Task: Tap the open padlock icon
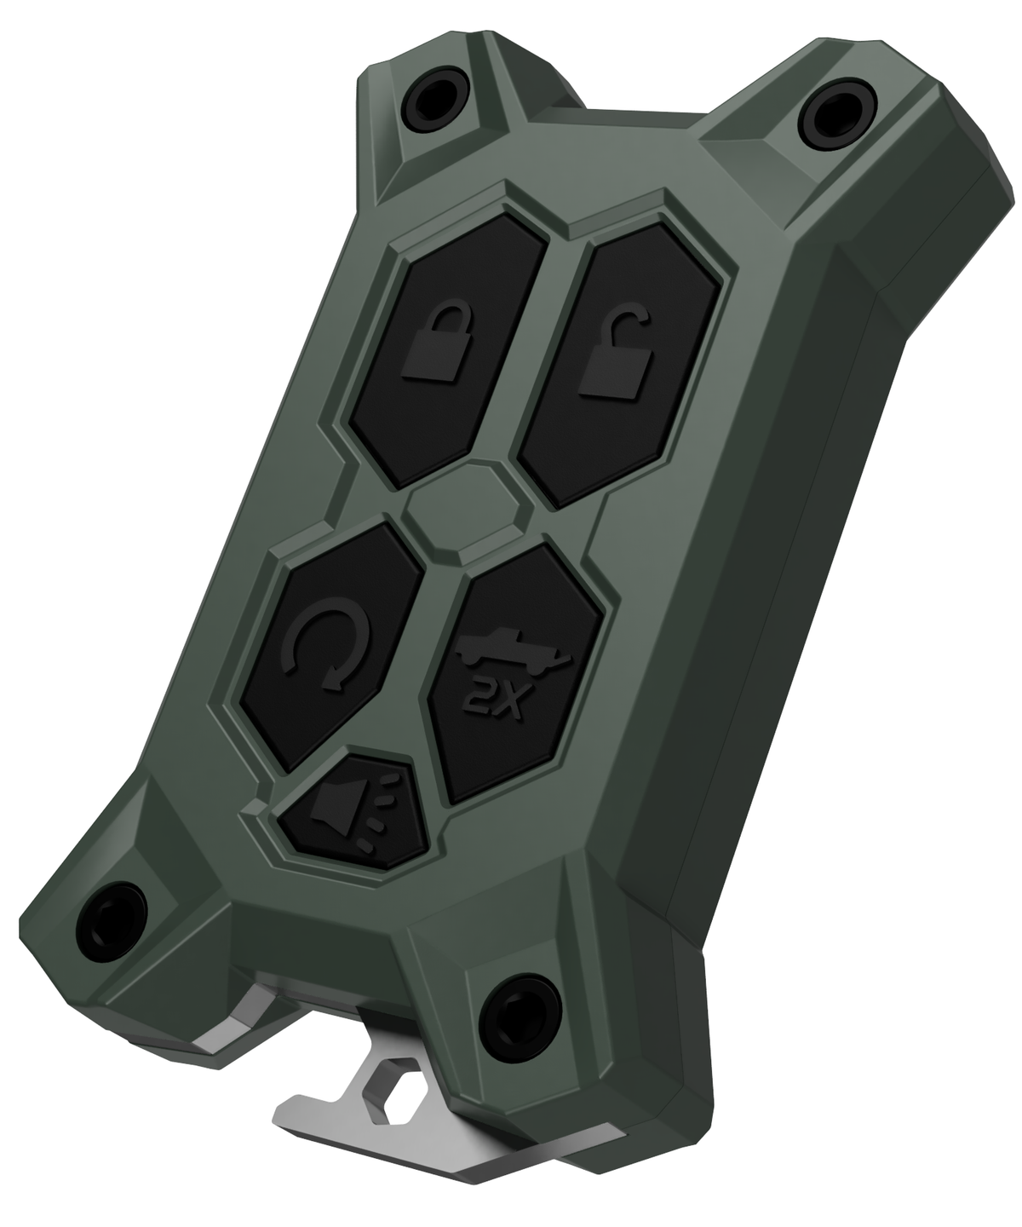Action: coord(615,356)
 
